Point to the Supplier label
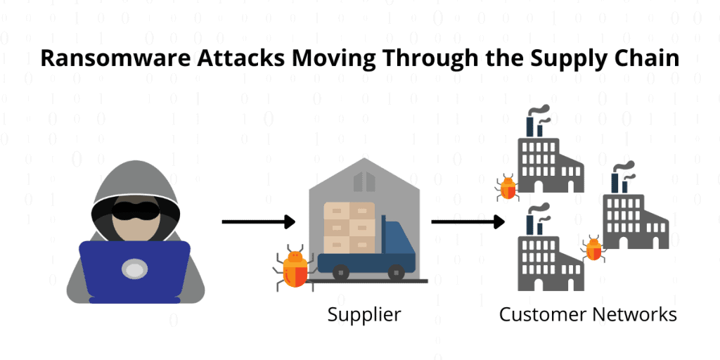pyautogui.click(x=364, y=314)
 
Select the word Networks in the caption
pyautogui.click(x=636, y=314)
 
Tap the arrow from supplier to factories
pyautogui.click(x=468, y=223)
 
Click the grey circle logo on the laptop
pyautogui.click(x=134, y=268)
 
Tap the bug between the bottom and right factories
pyautogui.click(x=594, y=248)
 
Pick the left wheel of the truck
pyautogui.click(x=341, y=271)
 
